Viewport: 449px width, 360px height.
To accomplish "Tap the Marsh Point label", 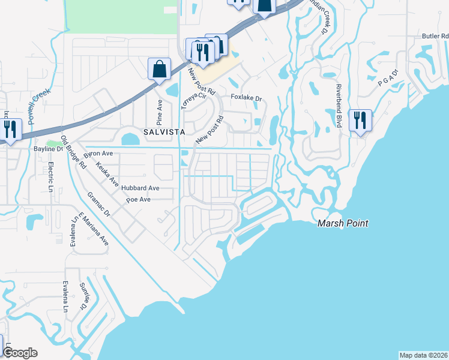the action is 343,224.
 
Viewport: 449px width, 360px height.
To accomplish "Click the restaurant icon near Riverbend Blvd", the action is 360,121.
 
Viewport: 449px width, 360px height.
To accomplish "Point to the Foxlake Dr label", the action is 247,98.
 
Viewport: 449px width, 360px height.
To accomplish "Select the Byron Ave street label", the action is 99,154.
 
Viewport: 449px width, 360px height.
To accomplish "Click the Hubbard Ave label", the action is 140,188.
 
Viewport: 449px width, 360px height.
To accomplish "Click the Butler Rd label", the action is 435,36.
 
